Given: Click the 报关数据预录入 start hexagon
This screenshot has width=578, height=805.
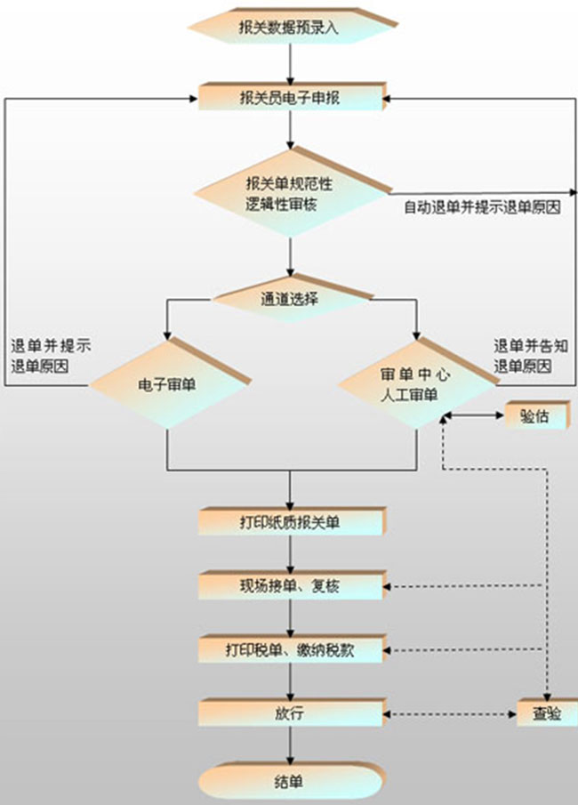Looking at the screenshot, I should coord(290,26).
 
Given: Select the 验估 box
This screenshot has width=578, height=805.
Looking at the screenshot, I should coord(534,415).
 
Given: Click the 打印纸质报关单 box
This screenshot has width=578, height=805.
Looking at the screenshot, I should coord(290,522).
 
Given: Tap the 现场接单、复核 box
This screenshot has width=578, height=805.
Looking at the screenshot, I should coord(290,586).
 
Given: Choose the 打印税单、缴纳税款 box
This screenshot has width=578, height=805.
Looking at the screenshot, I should coord(290,650).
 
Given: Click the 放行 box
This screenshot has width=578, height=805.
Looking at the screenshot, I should coord(290,713).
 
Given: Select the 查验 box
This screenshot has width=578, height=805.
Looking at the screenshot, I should coord(546,713).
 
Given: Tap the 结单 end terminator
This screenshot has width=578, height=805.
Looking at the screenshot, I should coord(290,782).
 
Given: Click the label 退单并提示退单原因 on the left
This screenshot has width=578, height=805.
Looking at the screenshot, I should coord(50,355).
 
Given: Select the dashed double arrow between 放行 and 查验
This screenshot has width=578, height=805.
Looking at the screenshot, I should coord(452,714).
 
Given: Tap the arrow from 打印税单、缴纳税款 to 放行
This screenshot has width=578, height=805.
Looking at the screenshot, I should coord(290,681).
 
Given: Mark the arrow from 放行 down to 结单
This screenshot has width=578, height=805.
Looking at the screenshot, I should coord(290,745).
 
